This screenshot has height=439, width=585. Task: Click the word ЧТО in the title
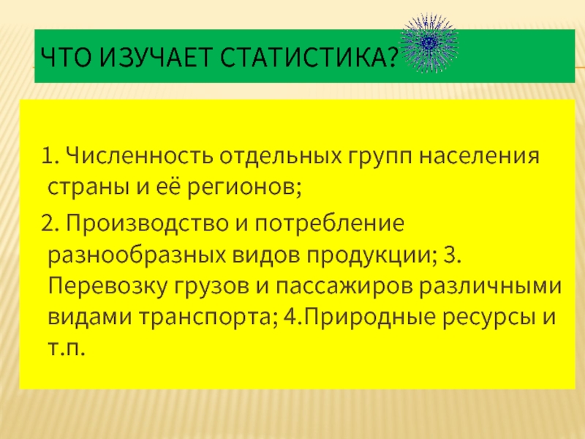[66, 57]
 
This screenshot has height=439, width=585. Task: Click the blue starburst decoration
[429, 43]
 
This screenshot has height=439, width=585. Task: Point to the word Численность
[140, 155]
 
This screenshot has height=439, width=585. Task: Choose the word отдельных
[280, 157]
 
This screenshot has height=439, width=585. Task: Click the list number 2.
[48, 223]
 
